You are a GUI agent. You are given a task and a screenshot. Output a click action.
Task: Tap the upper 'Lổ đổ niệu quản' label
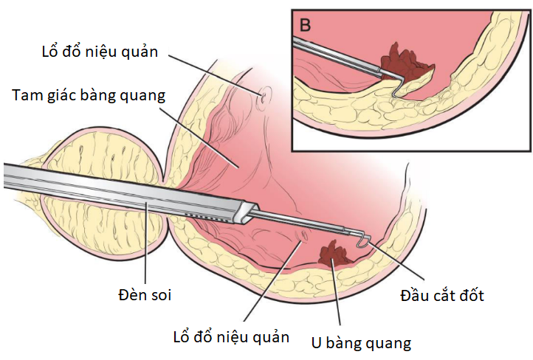pyautogui.click(x=104, y=52)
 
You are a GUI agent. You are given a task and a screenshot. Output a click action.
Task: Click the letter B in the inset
pyautogui.click(x=306, y=24)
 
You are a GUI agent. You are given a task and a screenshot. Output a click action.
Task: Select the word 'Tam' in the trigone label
pyautogui.click(x=27, y=95)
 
